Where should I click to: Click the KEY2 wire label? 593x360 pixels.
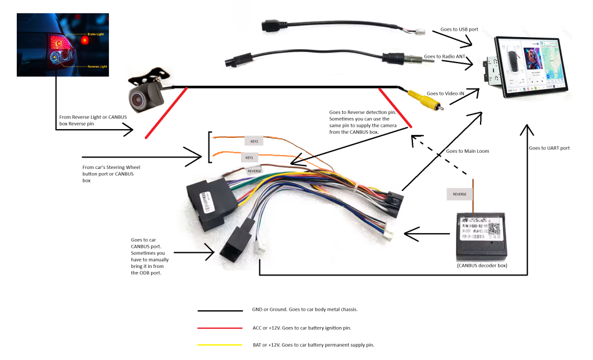[254, 141]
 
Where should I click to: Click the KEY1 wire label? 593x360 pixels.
[250, 157]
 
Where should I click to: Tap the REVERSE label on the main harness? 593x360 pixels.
[255, 171]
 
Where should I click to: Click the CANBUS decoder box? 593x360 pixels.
[484, 236]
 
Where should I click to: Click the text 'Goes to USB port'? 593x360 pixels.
[460, 29]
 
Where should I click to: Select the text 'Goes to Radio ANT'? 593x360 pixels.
[445, 57]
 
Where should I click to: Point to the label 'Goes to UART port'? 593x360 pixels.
[549, 148]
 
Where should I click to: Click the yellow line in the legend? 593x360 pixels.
[219, 345]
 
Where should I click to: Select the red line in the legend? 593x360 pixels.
[219, 328]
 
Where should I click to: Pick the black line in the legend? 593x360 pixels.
[219, 310]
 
